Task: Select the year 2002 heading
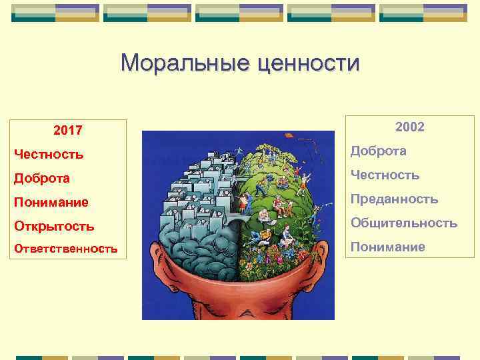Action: (409, 127)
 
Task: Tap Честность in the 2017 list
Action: (49, 155)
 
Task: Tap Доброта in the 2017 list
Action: (42, 179)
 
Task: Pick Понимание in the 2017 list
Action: (51, 202)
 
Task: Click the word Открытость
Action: (54, 226)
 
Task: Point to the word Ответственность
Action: (66, 249)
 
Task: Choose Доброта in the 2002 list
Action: (378, 151)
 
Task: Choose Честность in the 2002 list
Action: (385, 175)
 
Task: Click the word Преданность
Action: (394, 199)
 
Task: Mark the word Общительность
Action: (403, 223)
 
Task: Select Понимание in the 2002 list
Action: (387, 247)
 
